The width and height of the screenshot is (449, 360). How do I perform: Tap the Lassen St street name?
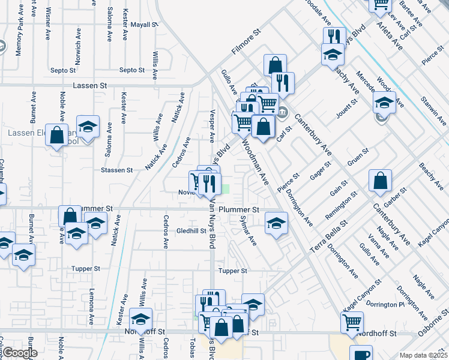pyautogui.click(x=89, y=86)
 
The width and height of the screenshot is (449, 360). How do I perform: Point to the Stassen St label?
pyautogui.click(x=117, y=170)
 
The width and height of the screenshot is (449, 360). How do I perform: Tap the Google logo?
pyautogui.click(x=20, y=353)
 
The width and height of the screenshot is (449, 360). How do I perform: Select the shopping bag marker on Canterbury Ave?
pyautogui.click(x=381, y=180)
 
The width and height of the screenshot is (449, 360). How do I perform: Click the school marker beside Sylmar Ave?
pyautogui.click(x=276, y=224)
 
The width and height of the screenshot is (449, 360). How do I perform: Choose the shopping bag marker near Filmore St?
pyautogui.click(x=274, y=65)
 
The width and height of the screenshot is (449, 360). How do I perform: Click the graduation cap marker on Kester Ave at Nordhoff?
pyautogui.click(x=142, y=319)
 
